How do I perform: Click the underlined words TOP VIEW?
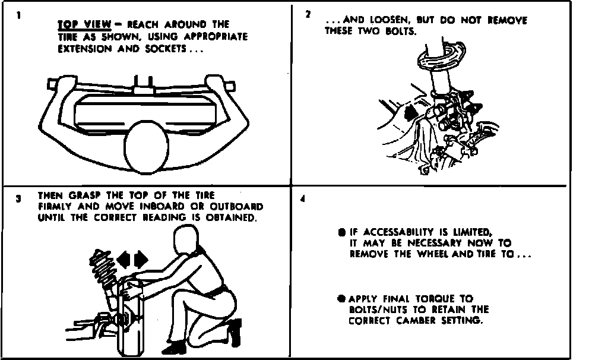pos(84,24)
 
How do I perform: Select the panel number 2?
pos(308,14)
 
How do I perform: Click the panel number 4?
pos(303,199)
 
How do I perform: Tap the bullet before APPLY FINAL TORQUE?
pos(341,299)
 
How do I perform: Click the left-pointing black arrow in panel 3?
pos(123,260)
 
